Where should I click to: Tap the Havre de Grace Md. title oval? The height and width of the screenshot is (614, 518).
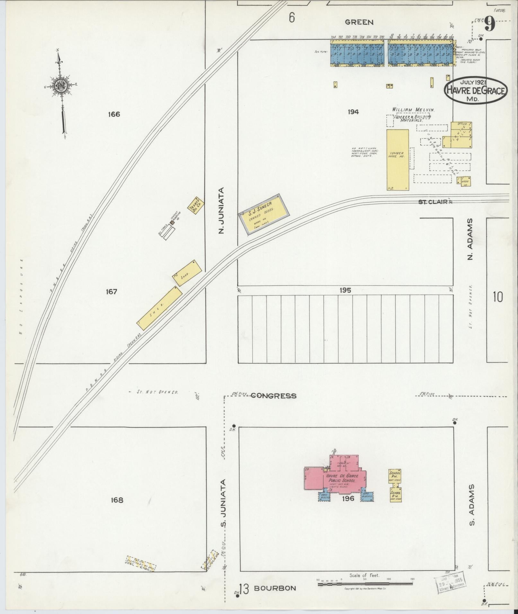(476, 91)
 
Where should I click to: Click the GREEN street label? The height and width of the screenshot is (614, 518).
(359, 22)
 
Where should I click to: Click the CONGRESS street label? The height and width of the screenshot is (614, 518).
(273, 396)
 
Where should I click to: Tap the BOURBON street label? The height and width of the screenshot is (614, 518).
(275, 588)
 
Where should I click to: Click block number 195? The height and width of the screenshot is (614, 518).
(345, 290)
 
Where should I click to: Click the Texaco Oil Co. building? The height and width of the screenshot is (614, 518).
(196, 205)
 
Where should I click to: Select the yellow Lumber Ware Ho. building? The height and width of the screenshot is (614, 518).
(398, 160)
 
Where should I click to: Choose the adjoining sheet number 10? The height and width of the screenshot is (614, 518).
(497, 297)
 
